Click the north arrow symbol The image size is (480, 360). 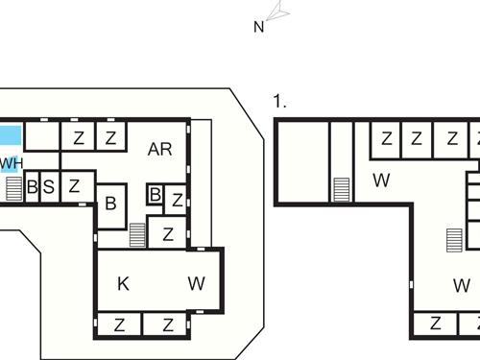(x=278, y=11)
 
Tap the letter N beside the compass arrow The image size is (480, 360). (x=258, y=27)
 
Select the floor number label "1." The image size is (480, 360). (x=279, y=101)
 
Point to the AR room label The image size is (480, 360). (x=159, y=149)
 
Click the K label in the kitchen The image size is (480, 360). (x=123, y=283)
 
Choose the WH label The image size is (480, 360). (x=11, y=162)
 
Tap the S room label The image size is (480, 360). (x=48, y=186)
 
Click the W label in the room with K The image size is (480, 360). (x=197, y=283)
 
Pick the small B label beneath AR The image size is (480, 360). (x=155, y=195)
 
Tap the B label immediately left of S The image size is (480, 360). (x=32, y=186)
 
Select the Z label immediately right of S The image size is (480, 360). (x=74, y=186)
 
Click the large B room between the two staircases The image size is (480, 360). (x=110, y=204)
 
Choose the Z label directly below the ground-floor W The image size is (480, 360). (x=168, y=324)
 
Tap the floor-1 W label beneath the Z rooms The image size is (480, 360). (x=381, y=179)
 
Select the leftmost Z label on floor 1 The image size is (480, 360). (x=386, y=138)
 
